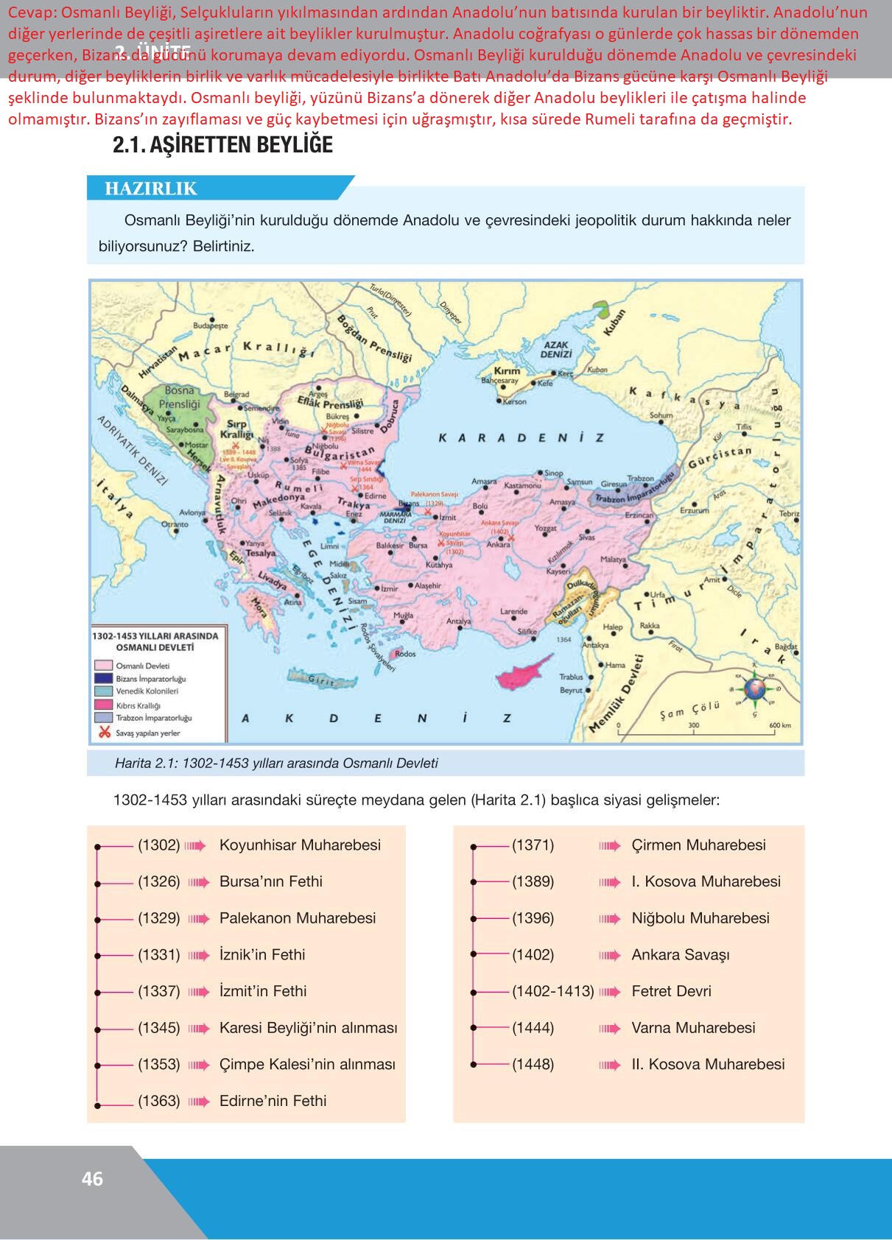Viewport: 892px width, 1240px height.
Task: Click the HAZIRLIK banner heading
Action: [151, 189]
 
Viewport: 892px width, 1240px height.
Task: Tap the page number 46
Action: [92, 1179]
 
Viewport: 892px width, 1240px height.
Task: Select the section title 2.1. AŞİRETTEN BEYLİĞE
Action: [222, 145]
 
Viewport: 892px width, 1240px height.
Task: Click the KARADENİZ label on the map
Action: [521, 437]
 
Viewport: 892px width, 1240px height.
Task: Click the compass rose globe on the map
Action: [754, 688]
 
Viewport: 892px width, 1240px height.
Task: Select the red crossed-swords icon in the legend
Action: [104, 732]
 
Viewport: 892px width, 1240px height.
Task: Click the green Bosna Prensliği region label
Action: [180, 397]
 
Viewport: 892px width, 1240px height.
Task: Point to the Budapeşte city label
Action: [211, 325]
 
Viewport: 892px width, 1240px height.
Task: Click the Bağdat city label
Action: [786, 647]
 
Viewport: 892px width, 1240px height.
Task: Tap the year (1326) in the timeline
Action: [158, 881]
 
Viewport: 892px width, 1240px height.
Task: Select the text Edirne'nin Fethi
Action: [273, 1101]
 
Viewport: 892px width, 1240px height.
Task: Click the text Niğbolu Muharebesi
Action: [700, 918]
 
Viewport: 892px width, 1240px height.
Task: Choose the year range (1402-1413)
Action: [552, 991]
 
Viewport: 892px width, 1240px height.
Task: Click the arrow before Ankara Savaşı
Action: [609, 955]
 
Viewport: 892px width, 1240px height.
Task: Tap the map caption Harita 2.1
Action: [276, 763]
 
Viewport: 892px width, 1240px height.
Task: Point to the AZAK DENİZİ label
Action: [556, 349]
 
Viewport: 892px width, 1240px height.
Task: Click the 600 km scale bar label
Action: [779, 725]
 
